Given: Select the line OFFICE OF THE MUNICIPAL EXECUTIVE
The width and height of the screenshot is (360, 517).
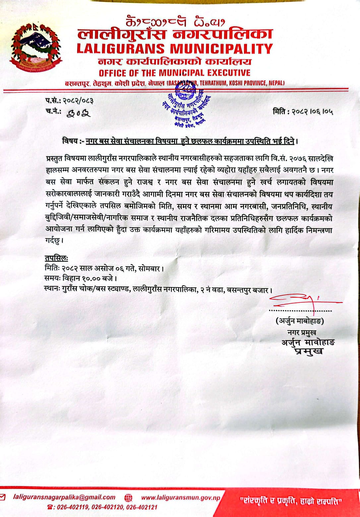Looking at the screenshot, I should coord(174,73).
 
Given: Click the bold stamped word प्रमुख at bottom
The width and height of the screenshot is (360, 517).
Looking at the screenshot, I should coord(308,352).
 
